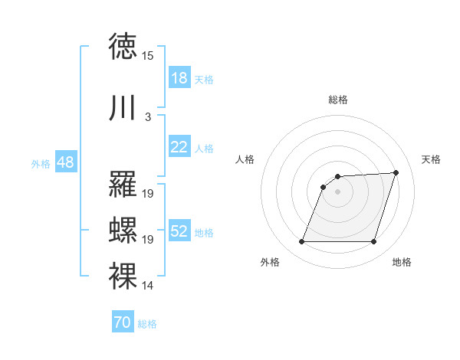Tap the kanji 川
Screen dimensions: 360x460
(123, 108)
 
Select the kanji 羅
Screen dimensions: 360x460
(123, 185)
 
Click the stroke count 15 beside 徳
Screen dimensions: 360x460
(148, 56)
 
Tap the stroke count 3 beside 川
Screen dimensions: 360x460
(148, 117)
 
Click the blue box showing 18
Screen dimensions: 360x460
(179, 78)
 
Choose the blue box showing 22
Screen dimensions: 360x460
(179, 147)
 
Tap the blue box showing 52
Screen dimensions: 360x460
(179, 231)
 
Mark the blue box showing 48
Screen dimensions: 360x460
(65, 162)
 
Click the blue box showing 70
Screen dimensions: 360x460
(122, 322)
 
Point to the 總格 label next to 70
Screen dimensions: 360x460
(147, 324)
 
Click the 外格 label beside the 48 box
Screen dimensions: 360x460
(41, 163)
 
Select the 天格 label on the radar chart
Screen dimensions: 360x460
(431, 159)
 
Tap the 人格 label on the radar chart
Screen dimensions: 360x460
(245, 159)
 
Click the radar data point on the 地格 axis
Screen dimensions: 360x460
(373, 242)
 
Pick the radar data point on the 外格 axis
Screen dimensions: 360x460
(301, 242)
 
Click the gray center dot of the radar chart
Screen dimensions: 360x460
(337, 192)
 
